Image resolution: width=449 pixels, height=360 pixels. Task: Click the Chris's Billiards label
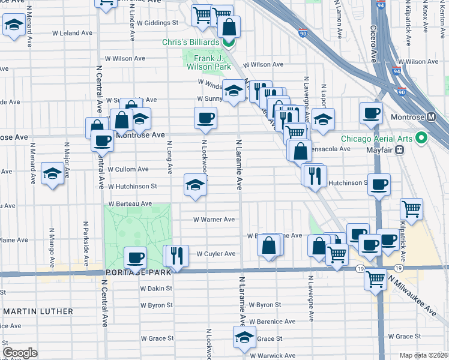tap(191, 42)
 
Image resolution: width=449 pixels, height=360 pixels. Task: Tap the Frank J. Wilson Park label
tap(207, 62)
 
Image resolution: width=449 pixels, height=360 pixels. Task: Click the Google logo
tap(20, 352)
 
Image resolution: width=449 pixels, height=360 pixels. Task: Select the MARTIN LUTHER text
tap(38, 311)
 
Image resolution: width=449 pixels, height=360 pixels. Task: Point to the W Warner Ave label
tap(214, 220)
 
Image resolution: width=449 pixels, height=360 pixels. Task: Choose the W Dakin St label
tap(156, 288)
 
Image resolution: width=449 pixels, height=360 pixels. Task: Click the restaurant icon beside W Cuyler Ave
tap(176, 256)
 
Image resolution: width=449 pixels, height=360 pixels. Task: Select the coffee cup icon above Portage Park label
tap(135, 258)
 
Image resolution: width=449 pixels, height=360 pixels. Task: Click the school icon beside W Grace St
tap(244, 337)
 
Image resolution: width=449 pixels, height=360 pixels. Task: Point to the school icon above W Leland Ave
tap(13, 25)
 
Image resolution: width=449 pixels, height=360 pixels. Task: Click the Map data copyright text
tap(424, 355)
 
